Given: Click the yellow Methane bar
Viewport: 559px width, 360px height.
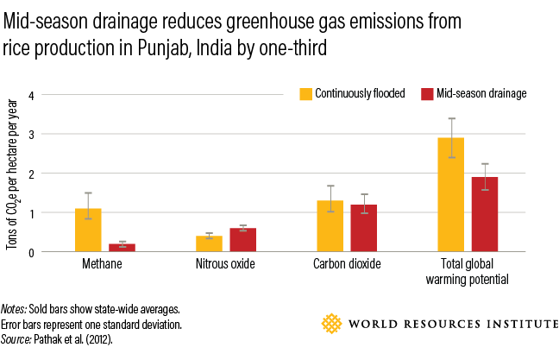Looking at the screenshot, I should click(88, 230).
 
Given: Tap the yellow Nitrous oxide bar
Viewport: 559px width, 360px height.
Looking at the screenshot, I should click(209, 243).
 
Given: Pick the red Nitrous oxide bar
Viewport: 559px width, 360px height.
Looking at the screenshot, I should click(242, 240).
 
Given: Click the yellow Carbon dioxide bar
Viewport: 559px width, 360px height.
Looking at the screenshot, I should click(330, 226).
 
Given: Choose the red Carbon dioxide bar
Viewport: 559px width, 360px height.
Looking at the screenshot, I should click(363, 228).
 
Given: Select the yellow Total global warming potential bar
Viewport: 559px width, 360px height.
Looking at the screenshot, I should click(451, 194).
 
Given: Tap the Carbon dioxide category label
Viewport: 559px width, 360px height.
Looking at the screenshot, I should click(347, 264).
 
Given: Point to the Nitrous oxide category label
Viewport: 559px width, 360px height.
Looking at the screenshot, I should click(225, 264).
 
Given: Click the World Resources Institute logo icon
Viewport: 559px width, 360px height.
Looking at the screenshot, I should click(332, 325).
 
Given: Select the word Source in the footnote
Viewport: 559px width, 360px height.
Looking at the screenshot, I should click(18, 339).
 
